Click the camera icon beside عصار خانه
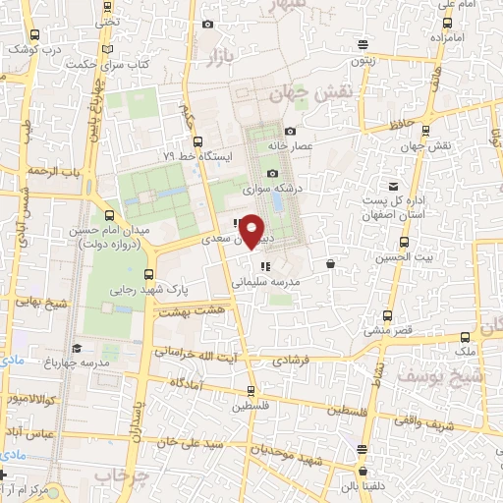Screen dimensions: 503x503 click(290, 132)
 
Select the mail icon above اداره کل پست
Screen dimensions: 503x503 click(393, 187)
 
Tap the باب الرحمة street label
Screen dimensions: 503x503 click(51, 170)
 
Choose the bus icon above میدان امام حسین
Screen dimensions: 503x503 click(108, 215)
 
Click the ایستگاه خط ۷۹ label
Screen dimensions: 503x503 click(196, 154)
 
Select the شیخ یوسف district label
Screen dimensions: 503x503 click(439, 374)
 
